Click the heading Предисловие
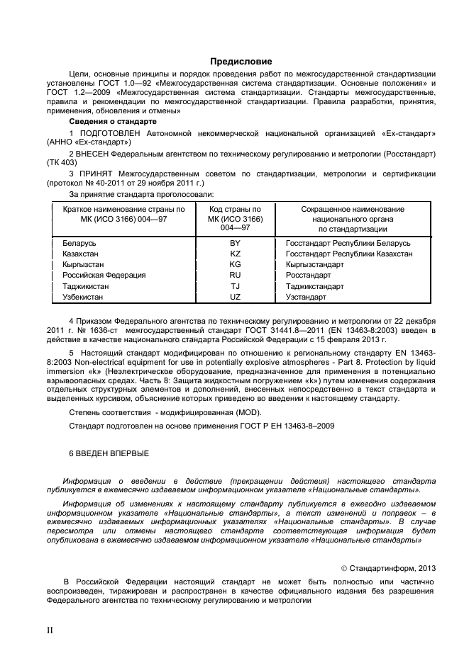pos(241,62)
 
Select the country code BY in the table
pos(235,243)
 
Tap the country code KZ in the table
pos(235,254)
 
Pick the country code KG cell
pos(235,264)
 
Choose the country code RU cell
pos(235,275)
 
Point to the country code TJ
pos(235,286)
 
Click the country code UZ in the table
pos(235,297)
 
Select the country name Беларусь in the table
pos(79,243)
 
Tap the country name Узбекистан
pos(83,297)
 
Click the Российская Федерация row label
pos(99,275)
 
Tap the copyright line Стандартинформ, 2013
pos(389,567)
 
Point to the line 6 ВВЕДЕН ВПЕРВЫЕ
pos(109,452)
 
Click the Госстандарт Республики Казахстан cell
pos(348,254)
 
